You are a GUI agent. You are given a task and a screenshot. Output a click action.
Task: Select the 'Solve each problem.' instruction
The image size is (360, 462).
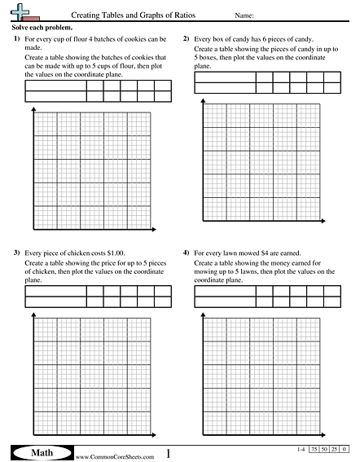tap(39, 28)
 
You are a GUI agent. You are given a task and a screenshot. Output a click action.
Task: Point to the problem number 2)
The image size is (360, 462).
tap(187, 39)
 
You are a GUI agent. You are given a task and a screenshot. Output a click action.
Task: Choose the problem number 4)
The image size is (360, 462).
tap(187, 254)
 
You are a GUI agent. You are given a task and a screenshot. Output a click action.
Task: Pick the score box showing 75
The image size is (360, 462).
tap(314, 450)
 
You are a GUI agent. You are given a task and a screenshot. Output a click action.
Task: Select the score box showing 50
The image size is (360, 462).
tap(325, 450)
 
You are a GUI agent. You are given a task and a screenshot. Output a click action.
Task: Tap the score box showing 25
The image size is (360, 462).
tap(335, 450)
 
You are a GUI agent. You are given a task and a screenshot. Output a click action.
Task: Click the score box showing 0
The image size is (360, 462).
tap(345, 450)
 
